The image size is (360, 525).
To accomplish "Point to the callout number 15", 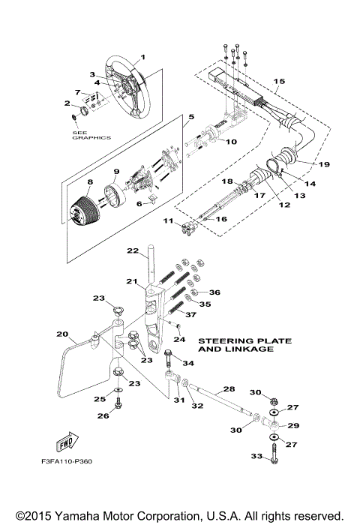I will coord(279,80).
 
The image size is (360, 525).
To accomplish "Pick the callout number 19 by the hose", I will coord(325,163).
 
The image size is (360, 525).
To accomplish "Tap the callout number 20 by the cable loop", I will coord(62,334).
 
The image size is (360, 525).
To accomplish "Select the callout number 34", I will coord(188,363).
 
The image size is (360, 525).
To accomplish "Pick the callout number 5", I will coord(191,117).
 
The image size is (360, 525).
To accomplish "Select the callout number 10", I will coord(232,142).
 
